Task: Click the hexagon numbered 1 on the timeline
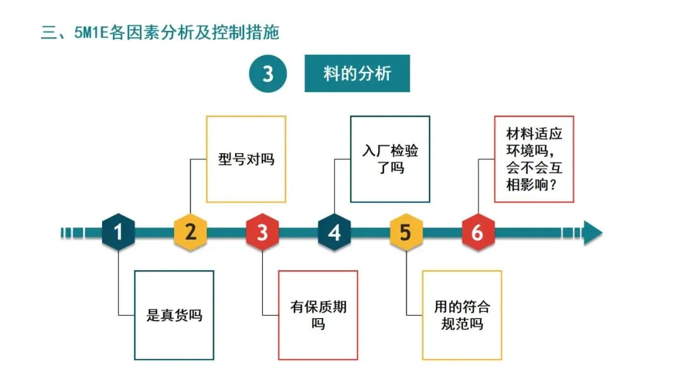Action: (x=119, y=232)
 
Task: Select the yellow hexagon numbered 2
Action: (x=190, y=232)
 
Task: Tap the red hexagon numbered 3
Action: (x=262, y=232)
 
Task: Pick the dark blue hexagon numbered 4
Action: (x=334, y=232)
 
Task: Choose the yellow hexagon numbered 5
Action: (x=405, y=232)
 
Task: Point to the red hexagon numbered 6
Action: (x=477, y=232)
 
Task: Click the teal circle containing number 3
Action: (x=268, y=74)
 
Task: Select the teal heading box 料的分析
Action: (x=357, y=74)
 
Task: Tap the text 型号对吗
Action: (x=246, y=159)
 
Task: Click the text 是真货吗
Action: (x=174, y=315)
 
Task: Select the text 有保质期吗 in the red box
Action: (x=318, y=315)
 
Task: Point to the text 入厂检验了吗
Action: (x=390, y=159)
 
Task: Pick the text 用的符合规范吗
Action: (x=462, y=315)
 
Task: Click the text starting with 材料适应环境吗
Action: (x=534, y=159)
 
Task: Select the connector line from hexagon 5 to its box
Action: (x=407, y=283)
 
